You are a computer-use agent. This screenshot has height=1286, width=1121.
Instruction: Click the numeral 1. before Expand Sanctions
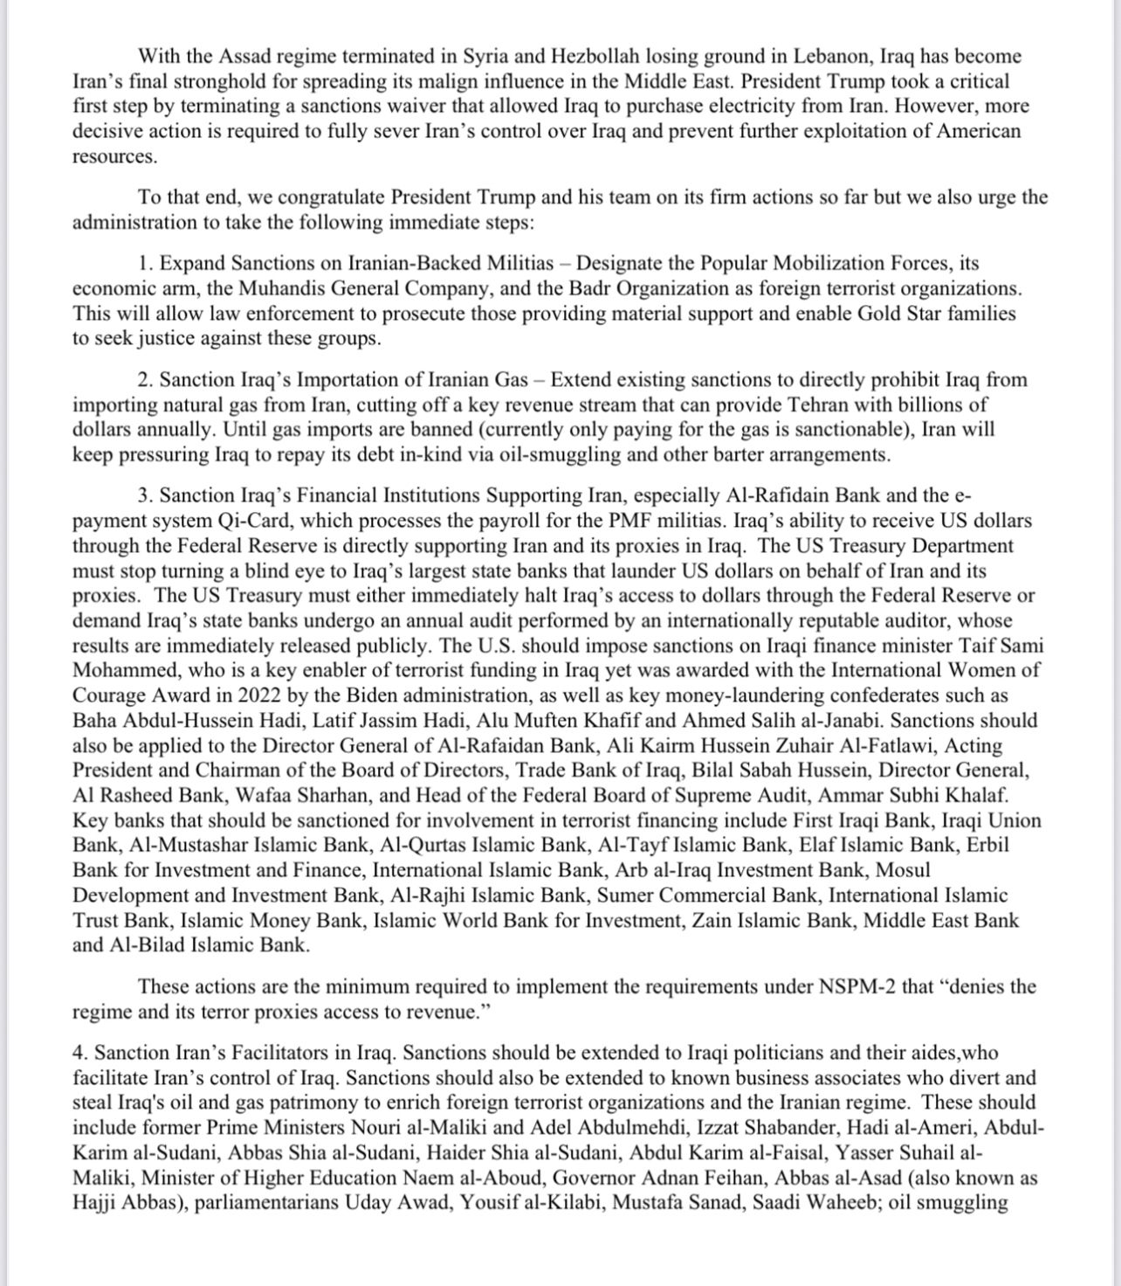146,263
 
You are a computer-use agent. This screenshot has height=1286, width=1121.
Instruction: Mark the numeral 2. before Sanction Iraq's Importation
146,380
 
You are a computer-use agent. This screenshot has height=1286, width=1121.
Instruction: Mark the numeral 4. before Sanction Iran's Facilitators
80,1054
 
